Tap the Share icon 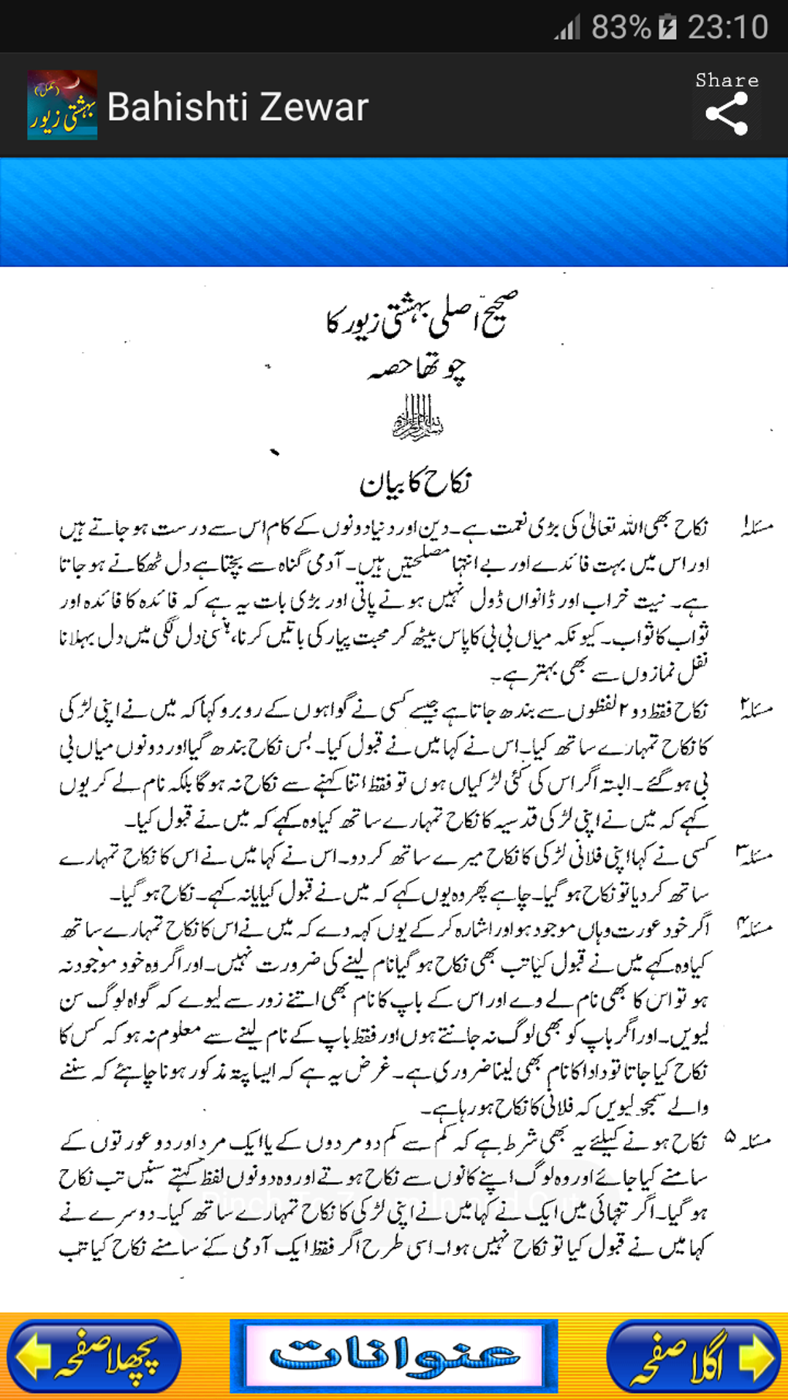tap(726, 114)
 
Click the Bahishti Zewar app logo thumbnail tap(62, 105)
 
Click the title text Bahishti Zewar tap(237, 107)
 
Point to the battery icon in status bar tap(667, 28)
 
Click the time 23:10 tap(728, 28)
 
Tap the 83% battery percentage tap(620, 28)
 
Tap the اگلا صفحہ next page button tap(693, 1356)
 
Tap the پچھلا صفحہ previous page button tap(94, 1356)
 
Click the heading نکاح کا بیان tap(415, 483)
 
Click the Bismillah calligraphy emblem tap(418, 418)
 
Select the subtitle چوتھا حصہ tap(417, 368)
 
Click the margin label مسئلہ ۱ tap(756, 528)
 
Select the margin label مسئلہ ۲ tap(756, 709)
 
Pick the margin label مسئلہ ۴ tap(754, 927)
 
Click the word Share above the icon tap(726, 80)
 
